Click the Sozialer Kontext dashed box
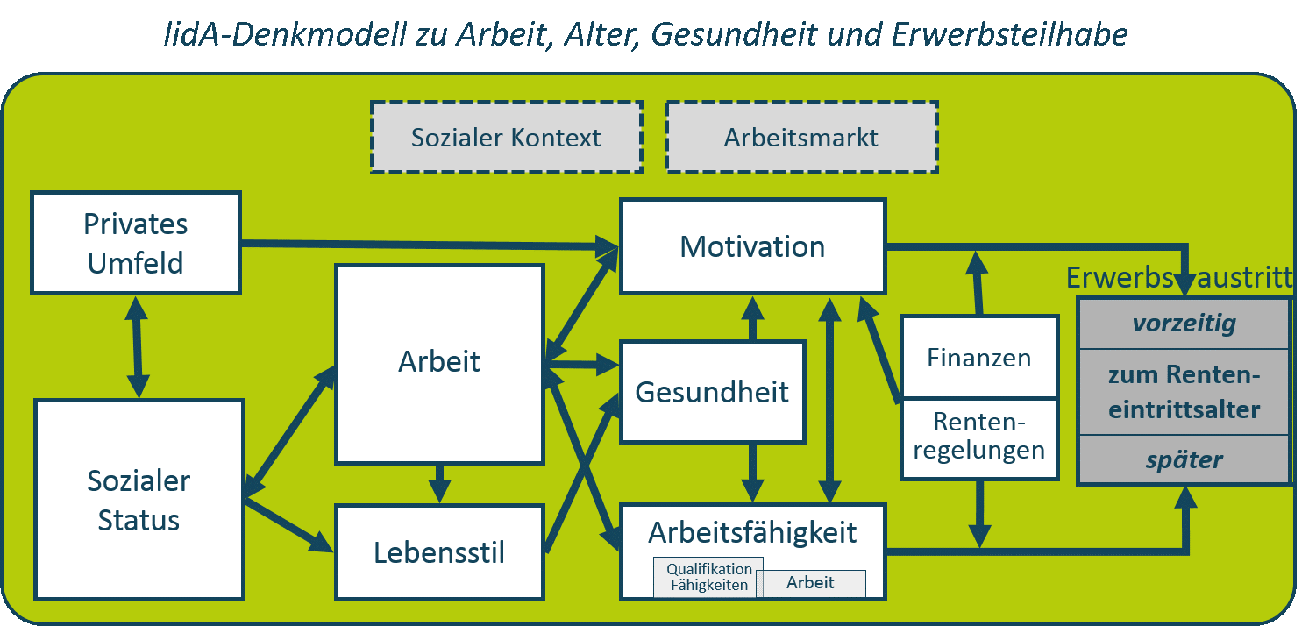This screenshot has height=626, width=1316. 507,138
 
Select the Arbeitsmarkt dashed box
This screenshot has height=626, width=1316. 801,138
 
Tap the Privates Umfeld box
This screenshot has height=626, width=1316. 136,243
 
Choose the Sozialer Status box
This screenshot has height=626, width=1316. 139,500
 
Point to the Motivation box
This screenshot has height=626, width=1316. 752,246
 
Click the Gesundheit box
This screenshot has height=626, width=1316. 712,392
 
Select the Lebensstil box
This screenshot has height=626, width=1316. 439,552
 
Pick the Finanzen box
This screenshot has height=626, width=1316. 979,357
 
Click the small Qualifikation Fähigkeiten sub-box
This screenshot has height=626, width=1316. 708,577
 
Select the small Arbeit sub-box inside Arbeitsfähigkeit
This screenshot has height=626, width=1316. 811,583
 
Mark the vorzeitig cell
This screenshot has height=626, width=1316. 1184,324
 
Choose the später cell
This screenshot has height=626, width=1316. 1184,459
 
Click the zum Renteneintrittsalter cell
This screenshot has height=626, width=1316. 1184,392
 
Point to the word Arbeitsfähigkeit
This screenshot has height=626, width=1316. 752,533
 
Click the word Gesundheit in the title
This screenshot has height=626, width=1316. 734,34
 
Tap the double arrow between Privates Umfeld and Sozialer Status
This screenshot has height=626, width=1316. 137,347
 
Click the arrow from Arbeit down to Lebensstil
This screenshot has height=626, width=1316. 439,483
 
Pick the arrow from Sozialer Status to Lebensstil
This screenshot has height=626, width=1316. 288,524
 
